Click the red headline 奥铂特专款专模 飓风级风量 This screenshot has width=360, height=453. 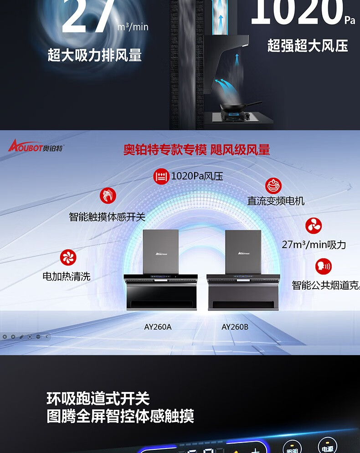click(x=196, y=149)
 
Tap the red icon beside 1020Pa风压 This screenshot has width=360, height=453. click(x=161, y=176)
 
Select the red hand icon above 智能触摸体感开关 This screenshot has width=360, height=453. click(x=108, y=196)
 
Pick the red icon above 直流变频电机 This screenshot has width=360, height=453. click(x=273, y=186)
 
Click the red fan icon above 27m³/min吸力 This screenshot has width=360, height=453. click(x=314, y=226)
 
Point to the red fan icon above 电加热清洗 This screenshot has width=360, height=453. click(x=68, y=258)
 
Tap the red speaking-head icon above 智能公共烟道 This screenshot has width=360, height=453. click(x=324, y=266)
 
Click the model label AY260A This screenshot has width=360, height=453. click(x=158, y=327)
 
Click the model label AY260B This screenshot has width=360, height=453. click(x=235, y=327)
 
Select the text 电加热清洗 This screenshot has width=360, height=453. click(x=67, y=276)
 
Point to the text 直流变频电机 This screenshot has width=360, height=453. click(x=276, y=201)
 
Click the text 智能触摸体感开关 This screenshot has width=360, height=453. click(x=107, y=217)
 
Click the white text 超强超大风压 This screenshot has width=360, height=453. click(x=308, y=46)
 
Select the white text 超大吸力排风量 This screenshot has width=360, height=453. click(x=95, y=56)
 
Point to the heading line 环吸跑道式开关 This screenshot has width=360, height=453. click(x=98, y=399)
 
